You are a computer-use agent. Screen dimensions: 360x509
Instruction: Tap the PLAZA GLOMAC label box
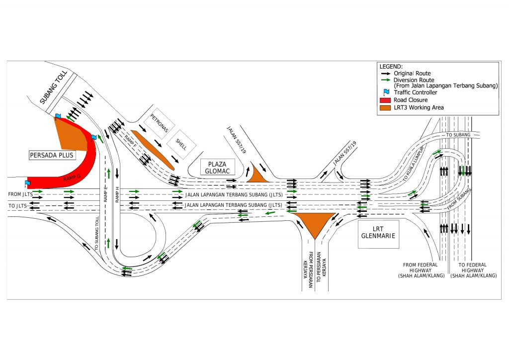(218, 167)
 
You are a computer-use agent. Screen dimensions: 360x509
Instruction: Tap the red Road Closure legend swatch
(385, 100)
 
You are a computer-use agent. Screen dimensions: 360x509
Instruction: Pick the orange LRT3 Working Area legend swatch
(385, 107)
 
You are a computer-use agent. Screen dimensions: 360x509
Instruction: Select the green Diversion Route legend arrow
(385, 80)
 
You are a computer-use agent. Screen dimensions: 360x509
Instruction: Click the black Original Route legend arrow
(385, 73)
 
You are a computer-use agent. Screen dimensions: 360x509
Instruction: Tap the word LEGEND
(391, 67)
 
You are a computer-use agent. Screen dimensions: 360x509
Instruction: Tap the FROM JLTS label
(20, 193)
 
